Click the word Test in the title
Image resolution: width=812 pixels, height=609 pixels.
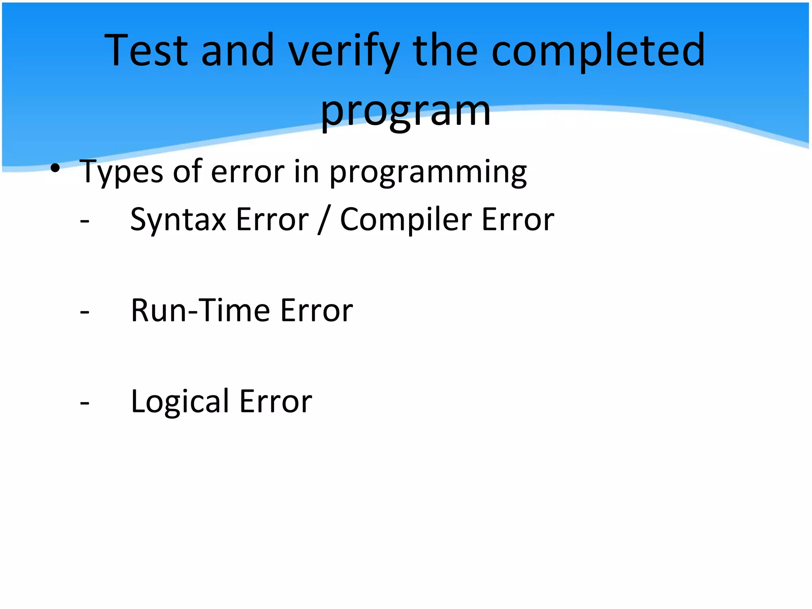146,50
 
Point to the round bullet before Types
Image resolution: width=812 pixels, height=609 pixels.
55,168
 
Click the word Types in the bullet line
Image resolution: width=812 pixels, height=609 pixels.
121,172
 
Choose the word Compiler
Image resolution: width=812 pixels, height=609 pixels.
406,220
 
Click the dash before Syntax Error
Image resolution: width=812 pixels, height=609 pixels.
84,220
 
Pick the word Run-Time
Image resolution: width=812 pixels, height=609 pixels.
201,310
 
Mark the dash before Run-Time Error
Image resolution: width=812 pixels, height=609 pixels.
84,312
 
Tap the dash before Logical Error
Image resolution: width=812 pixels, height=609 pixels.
84,403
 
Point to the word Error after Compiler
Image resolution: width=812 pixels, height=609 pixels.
518,220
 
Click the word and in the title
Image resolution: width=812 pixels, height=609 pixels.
238,50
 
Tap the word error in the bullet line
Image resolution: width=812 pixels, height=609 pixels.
247,172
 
